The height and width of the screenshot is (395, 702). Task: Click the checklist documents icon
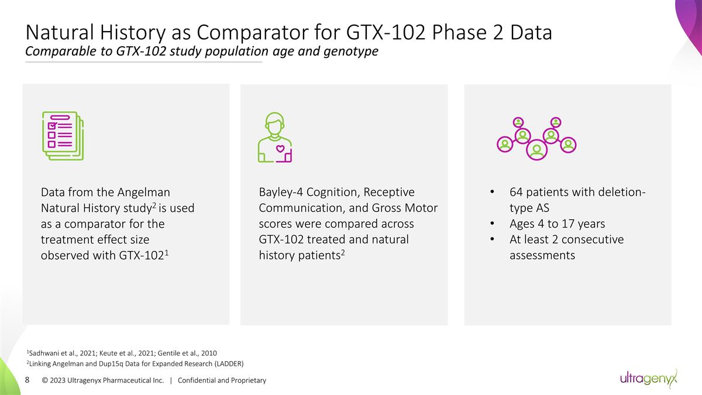pyautogui.click(x=63, y=135)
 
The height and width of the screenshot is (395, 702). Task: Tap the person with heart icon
pyautogui.click(x=275, y=138)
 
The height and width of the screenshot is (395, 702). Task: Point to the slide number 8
pyautogui.click(x=27, y=380)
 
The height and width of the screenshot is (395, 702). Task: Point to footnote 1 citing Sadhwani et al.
pyautogui.click(x=122, y=353)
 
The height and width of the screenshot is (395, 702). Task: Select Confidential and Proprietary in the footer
pyautogui.click(x=222, y=380)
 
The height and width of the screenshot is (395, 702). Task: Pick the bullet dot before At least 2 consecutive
pyautogui.click(x=493, y=240)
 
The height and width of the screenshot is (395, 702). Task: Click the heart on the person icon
pyautogui.click(x=280, y=148)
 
